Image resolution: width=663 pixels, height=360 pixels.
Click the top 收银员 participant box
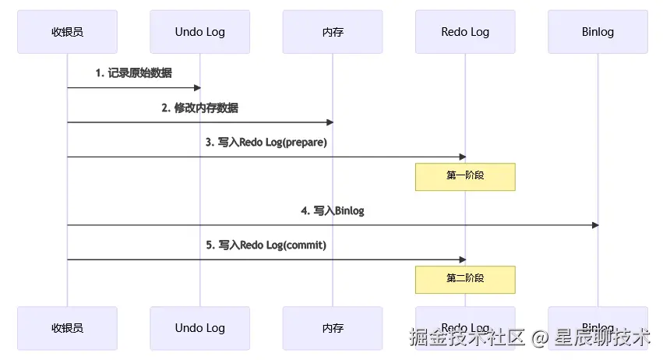point(67,32)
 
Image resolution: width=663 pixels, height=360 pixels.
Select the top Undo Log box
point(199,32)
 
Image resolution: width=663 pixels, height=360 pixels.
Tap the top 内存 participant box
point(333,32)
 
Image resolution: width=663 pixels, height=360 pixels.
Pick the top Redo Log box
point(465,32)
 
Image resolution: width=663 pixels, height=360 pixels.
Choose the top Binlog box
point(598,32)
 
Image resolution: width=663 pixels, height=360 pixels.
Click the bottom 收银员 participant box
point(67,328)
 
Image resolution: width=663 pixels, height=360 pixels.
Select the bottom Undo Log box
point(199,328)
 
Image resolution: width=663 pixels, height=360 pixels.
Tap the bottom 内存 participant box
point(333,328)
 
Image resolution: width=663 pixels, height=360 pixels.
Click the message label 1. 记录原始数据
point(133,73)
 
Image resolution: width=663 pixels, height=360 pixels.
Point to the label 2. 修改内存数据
point(199,108)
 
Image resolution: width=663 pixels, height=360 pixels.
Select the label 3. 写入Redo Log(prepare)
point(266,142)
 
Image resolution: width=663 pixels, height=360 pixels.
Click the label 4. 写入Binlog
point(333,210)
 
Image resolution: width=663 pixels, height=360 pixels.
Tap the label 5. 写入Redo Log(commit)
point(266,245)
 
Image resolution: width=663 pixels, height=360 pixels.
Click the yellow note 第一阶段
point(465,176)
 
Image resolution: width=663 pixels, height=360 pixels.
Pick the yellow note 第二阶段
point(465,279)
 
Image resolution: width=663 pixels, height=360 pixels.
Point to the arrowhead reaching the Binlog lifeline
point(594,225)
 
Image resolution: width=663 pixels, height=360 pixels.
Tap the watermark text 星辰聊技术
point(601,337)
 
